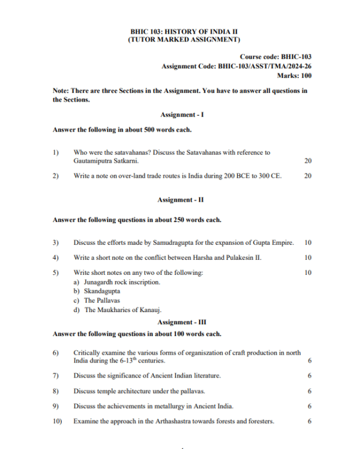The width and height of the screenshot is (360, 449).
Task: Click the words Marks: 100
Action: tap(293, 76)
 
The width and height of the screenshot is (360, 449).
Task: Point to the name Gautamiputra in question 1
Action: tap(91, 161)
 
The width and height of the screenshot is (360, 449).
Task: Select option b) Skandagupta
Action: tap(96, 291)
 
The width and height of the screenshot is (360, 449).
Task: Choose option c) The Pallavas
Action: tap(96, 300)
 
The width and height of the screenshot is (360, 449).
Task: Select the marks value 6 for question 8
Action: tap(309, 391)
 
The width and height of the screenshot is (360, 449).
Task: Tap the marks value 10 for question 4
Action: tap(308, 258)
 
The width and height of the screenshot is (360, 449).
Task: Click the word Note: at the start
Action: tap(61, 91)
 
